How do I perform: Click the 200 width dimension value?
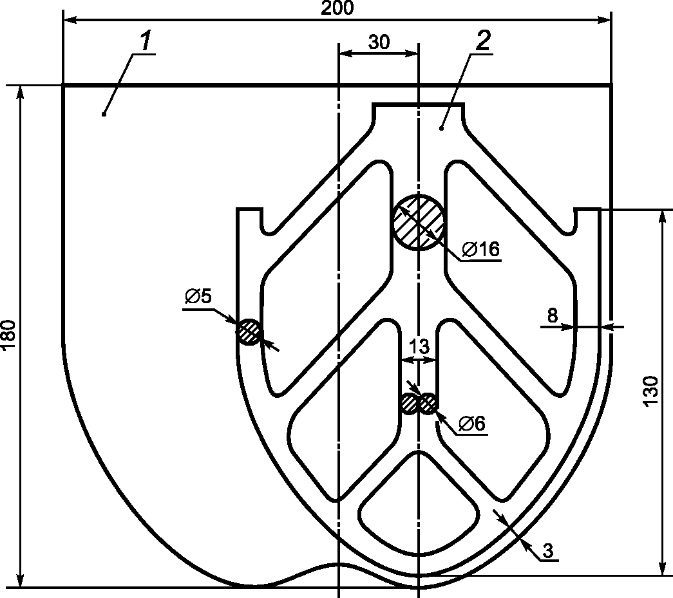click(337, 8)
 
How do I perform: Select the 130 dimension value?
click(650, 390)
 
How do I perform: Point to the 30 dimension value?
click(379, 42)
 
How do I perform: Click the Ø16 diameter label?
click(481, 249)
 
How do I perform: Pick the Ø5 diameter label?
click(198, 296)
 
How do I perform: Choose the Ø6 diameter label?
click(471, 424)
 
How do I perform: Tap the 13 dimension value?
click(419, 346)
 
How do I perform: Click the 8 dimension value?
click(553, 315)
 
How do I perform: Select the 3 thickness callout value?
click(548, 550)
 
